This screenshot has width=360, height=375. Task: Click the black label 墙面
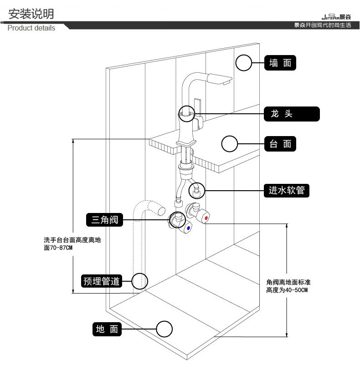click(x=280, y=63)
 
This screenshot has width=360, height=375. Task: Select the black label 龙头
click(x=292, y=114)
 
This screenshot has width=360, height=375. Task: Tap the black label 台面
click(x=280, y=144)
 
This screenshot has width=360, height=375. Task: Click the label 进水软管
click(x=287, y=190)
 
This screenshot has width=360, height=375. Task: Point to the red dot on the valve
click(x=206, y=219)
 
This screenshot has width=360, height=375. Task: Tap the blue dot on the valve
click(x=188, y=227)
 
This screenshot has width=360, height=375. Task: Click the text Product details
click(x=31, y=28)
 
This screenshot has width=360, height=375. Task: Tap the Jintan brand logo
click(x=336, y=17)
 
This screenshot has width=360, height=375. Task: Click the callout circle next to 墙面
click(x=244, y=63)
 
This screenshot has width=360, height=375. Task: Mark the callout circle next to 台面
click(x=229, y=144)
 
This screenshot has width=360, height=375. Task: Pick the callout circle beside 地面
click(x=164, y=329)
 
